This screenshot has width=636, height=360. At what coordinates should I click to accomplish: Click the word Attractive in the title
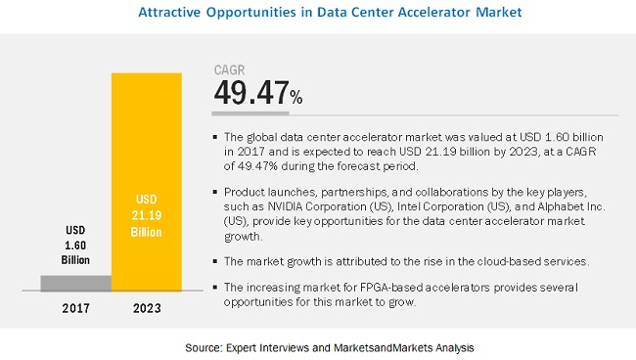pyautogui.click(x=176, y=13)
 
